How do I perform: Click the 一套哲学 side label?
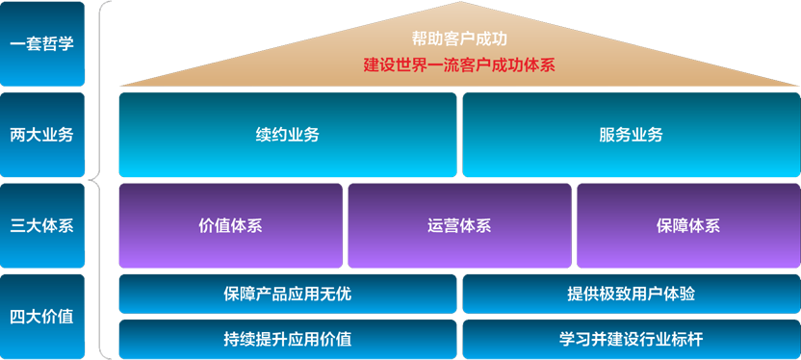point(42,44)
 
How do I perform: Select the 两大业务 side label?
point(42,135)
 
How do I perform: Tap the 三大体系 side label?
point(42,225)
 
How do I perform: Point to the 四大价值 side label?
point(42,317)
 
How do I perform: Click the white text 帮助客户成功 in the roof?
point(459,39)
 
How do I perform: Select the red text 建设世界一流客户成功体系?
point(459,65)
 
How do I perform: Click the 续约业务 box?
point(288,135)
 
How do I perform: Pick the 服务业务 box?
point(632,135)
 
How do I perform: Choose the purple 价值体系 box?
point(230,225)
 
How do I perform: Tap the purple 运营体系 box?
point(459,225)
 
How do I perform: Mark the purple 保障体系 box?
point(688,225)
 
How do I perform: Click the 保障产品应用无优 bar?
point(288,294)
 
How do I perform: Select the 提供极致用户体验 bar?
point(632,294)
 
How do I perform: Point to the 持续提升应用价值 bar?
point(288,339)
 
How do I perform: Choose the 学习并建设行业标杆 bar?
point(632,339)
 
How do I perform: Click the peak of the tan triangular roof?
point(460,2)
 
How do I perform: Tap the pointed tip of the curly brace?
point(89,180)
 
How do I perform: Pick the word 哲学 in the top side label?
point(58,44)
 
